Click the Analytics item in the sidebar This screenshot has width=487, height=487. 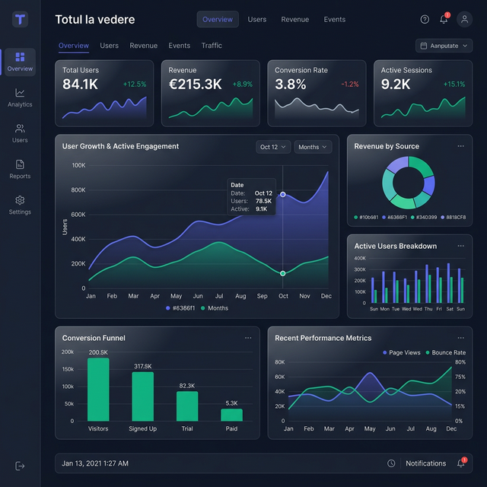tap(20, 97)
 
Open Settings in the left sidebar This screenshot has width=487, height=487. tap(20, 205)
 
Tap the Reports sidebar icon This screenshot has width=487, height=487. tap(20, 168)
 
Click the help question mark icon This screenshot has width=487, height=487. tap(425, 19)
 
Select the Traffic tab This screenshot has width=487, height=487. tap(212, 46)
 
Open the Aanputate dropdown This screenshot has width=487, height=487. tap(444, 46)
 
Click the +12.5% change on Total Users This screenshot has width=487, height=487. tap(135, 84)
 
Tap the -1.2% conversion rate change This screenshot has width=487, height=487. tap(350, 84)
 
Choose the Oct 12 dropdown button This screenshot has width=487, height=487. tap(273, 147)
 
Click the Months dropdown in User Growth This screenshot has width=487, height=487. tap(313, 147)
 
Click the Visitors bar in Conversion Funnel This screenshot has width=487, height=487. tap(98, 389)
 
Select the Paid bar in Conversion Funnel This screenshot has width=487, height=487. tap(231, 415)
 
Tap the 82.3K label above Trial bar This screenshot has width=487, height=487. tap(187, 386)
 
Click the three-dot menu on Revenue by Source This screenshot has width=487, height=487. tap(460, 146)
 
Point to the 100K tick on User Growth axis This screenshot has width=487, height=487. tap(78, 165)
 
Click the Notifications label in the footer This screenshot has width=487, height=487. tap(425, 463)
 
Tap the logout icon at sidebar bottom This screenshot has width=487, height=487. tap(20, 466)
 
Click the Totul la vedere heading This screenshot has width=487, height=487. tap(95, 19)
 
